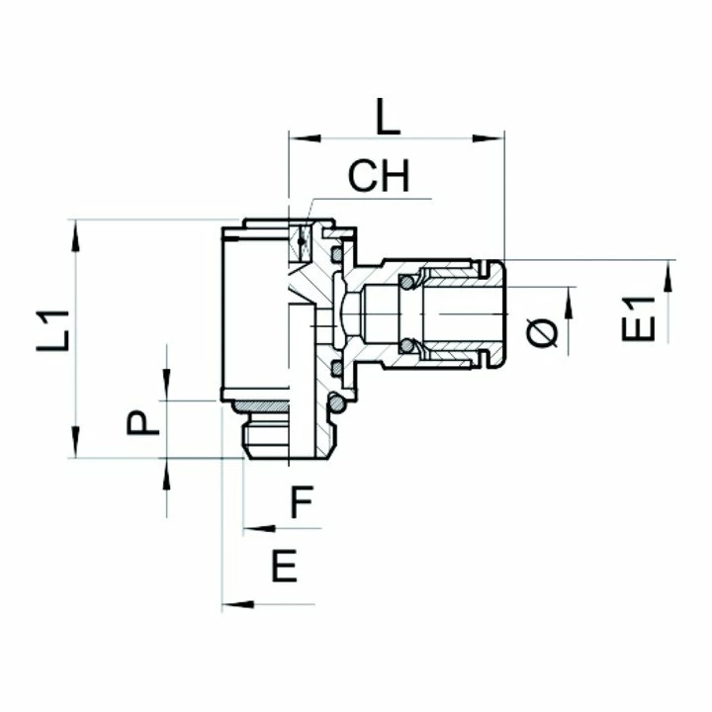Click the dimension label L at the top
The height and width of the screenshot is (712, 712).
point(390,118)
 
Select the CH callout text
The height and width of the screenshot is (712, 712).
point(378,178)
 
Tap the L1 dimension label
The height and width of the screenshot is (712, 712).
point(55,332)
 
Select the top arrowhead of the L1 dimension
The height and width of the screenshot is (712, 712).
point(75,228)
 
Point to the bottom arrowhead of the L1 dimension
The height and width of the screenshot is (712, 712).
point(75,449)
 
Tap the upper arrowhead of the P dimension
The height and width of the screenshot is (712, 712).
point(166,392)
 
